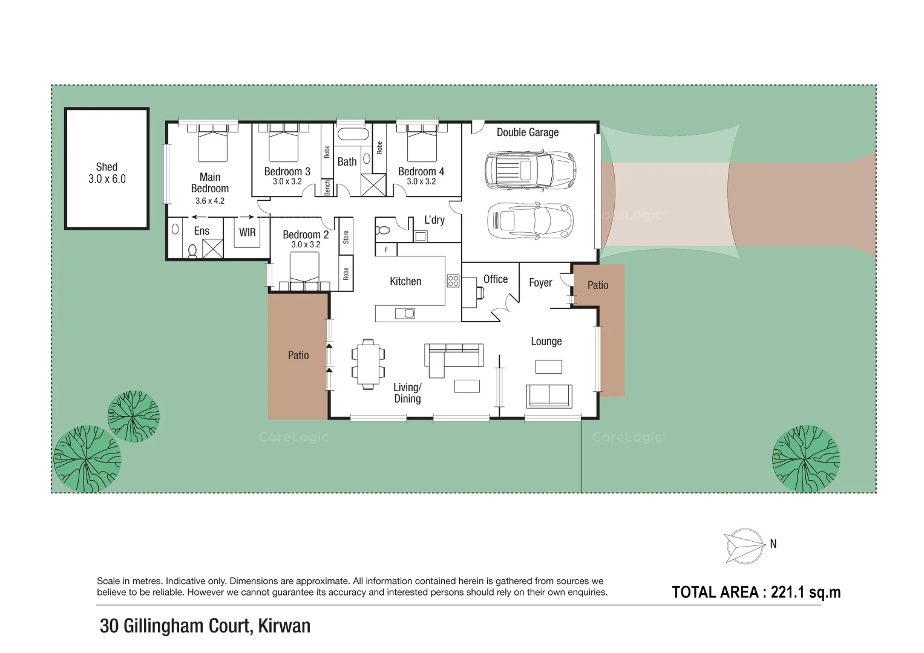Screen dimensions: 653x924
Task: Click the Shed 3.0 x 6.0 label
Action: pyautogui.click(x=106, y=172)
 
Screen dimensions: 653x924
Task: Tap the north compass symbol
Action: pyautogui.click(x=744, y=546)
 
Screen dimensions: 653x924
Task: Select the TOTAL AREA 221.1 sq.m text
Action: pyautogui.click(x=756, y=593)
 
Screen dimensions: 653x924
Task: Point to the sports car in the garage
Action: pyautogui.click(x=529, y=220)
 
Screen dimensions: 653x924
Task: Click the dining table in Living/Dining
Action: pyautogui.click(x=368, y=363)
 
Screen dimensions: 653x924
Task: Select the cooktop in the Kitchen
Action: pyautogui.click(x=453, y=281)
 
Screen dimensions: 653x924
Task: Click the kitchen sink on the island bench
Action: pyautogui.click(x=405, y=313)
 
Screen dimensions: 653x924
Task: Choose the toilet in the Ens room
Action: pyautogui.click(x=192, y=250)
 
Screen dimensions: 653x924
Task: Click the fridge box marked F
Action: pyautogui.click(x=386, y=250)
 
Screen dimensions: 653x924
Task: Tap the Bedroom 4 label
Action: pyautogui.click(x=421, y=172)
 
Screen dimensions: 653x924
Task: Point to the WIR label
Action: pyautogui.click(x=247, y=232)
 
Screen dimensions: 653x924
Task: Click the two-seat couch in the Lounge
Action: pyautogui.click(x=549, y=395)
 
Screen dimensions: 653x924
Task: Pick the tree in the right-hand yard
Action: pyautogui.click(x=805, y=458)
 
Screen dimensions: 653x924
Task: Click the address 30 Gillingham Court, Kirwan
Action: pyautogui.click(x=205, y=626)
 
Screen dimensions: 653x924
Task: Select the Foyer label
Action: pyautogui.click(x=540, y=283)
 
